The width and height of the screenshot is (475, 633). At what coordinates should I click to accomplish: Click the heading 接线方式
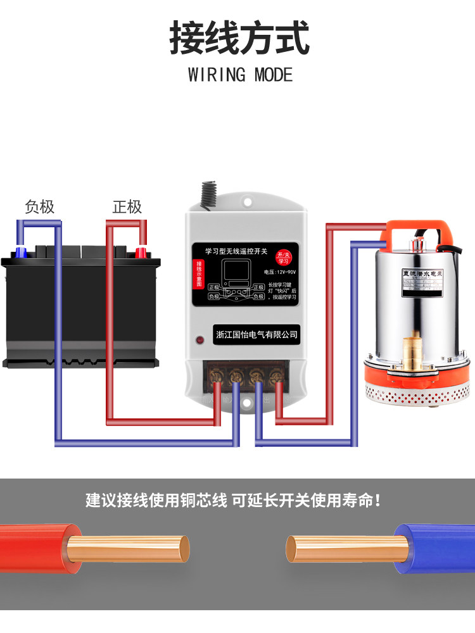239,38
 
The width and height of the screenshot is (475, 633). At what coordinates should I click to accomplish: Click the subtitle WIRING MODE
240,75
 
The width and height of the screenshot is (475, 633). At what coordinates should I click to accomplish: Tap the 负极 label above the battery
39,207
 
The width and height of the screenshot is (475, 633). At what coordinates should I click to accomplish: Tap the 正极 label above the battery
127,207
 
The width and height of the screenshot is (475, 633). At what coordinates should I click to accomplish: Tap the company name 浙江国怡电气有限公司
256,334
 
